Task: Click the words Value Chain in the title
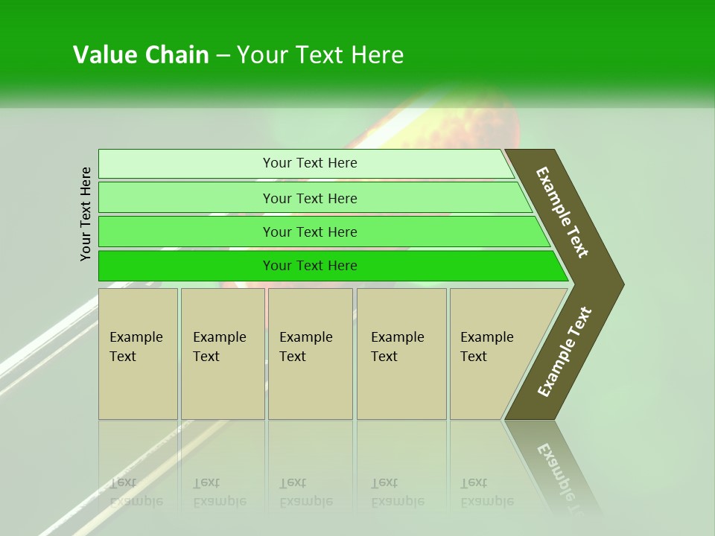141,55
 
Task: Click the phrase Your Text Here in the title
320,55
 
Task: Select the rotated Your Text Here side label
86,214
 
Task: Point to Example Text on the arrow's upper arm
562,212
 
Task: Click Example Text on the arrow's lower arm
565,352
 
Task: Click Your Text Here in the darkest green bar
310,266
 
